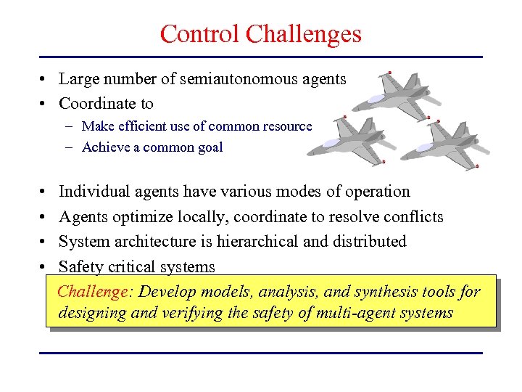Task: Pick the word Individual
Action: (x=93, y=192)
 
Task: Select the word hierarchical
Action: (x=257, y=241)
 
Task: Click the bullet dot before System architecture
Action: (x=45, y=242)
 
